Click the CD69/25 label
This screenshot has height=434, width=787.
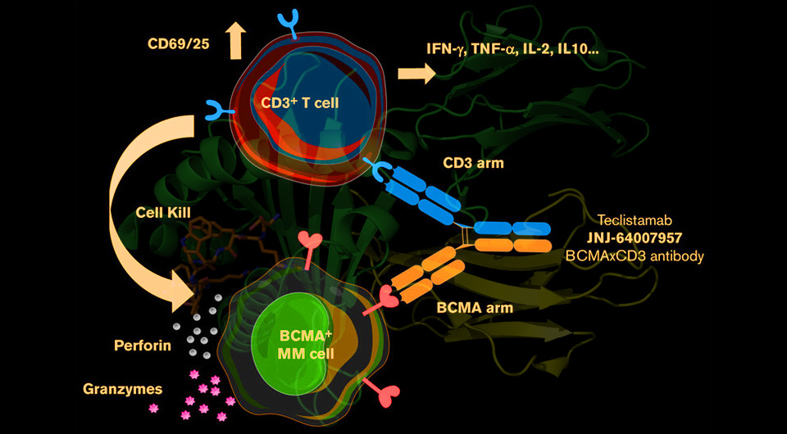178,44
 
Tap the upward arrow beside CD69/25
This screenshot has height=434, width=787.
235,42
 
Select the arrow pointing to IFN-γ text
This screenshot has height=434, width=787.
416,74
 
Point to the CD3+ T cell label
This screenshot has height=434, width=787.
300,102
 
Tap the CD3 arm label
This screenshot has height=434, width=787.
473,163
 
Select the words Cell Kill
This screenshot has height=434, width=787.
163,212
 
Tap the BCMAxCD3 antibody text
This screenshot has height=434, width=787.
635,255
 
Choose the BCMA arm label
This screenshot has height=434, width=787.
475,307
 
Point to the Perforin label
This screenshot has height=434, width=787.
143,346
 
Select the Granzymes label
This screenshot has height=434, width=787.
122,389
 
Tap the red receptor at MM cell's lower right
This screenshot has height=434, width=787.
383,391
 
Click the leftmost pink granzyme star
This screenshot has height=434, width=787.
153,408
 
